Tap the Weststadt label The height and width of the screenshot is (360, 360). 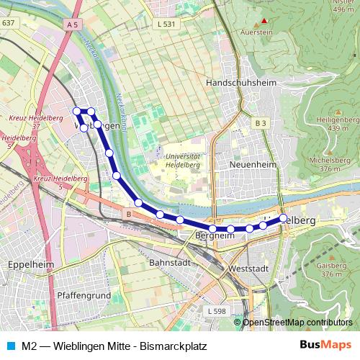click(x=247, y=268)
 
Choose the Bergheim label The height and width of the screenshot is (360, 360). click(x=215, y=235)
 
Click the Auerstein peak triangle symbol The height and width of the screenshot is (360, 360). click(x=264, y=21)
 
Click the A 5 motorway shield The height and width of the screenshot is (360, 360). click(x=71, y=24)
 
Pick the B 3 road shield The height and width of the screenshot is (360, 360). click(x=260, y=123)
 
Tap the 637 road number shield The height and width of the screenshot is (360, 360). click(x=8, y=23)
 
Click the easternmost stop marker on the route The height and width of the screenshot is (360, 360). click(x=284, y=217)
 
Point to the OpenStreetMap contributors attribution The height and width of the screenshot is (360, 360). click(x=297, y=322)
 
